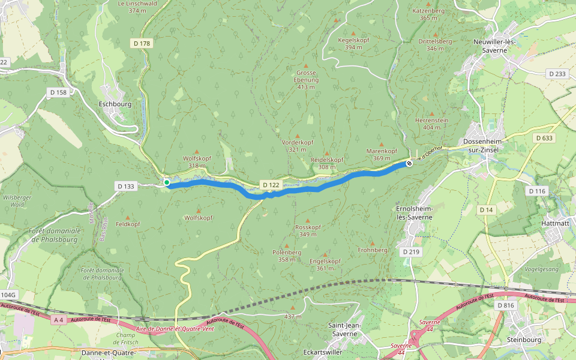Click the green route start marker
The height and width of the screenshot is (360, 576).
(x=167, y=182)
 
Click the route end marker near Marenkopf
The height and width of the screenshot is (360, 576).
(x=409, y=163)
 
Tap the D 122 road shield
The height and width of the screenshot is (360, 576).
(x=269, y=184)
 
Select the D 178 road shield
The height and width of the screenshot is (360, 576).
(x=141, y=43)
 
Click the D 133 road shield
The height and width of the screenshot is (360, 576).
(x=126, y=187)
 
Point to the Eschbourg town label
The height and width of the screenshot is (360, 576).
(x=115, y=103)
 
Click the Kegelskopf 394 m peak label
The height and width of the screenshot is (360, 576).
(x=353, y=43)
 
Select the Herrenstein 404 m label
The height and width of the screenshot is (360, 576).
(x=431, y=124)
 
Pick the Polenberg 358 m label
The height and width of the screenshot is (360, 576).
(x=286, y=256)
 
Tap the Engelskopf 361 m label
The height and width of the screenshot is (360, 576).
(x=325, y=265)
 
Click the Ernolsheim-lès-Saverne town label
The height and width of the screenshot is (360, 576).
(x=412, y=213)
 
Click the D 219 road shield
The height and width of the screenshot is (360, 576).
(x=411, y=251)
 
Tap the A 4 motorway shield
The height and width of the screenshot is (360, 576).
(x=58, y=320)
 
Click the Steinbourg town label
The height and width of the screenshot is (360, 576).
(x=524, y=340)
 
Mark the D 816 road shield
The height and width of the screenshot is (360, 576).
(x=505, y=305)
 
